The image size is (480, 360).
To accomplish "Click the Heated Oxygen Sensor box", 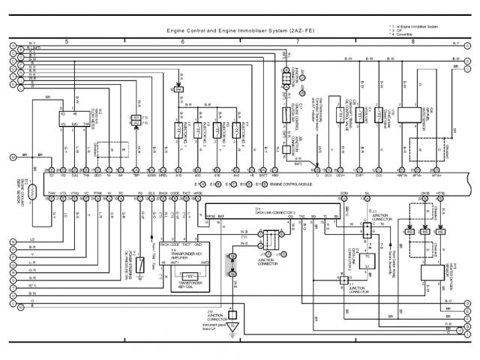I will (430, 273).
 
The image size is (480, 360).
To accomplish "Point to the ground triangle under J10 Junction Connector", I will (233, 328).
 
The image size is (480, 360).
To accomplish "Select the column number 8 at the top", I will (412, 41).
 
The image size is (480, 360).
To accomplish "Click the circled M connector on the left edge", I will (13, 157).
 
